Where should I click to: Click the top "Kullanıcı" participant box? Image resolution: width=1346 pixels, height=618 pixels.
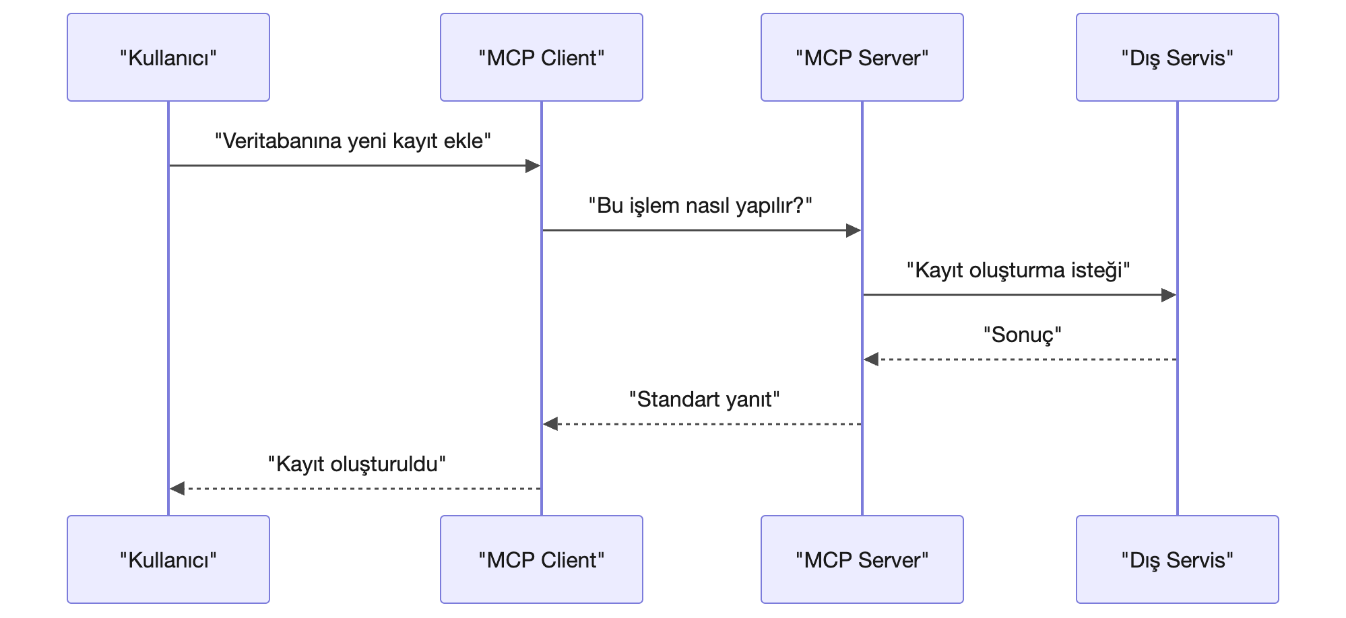coord(168,57)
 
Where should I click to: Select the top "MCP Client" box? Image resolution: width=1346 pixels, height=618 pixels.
coord(542,57)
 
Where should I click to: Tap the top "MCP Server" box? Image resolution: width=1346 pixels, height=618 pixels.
coord(862,57)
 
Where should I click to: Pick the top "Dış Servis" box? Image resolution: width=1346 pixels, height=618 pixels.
coord(1178,57)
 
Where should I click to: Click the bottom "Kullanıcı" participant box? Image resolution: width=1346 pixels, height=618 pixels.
coord(168,559)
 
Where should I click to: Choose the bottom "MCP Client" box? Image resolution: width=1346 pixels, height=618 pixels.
coord(542,559)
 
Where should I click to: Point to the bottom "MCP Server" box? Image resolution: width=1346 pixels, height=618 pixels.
coord(862,559)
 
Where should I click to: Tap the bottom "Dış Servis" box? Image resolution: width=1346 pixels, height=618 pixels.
coord(1178,559)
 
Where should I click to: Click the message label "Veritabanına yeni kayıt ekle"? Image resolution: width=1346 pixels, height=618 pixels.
coord(353,141)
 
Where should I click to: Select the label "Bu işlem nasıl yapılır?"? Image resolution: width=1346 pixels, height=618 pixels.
coord(701,206)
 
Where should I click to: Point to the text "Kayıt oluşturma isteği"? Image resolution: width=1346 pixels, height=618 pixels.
coord(1019,271)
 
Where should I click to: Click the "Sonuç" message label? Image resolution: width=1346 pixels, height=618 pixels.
coord(1023,335)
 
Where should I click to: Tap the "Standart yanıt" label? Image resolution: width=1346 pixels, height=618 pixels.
coord(705,400)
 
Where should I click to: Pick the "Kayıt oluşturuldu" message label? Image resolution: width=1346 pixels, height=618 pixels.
coord(357,465)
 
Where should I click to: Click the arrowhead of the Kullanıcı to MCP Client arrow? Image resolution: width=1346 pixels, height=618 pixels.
coord(533,166)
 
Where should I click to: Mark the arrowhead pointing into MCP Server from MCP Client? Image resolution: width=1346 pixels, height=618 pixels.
coord(854,230)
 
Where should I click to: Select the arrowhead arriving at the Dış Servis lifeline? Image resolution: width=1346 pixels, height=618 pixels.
coord(1169,295)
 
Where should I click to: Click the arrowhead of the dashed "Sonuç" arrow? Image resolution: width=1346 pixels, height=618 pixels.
coord(871,359)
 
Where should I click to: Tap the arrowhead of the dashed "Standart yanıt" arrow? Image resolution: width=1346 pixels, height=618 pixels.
coord(550,424)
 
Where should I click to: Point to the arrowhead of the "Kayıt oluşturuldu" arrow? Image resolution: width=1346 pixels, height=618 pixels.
coord(177,489)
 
